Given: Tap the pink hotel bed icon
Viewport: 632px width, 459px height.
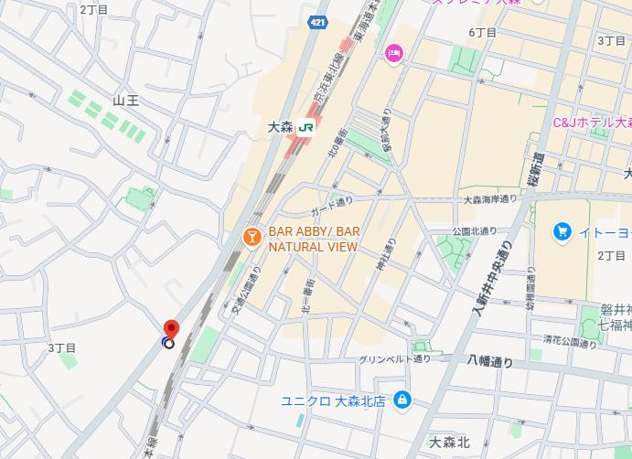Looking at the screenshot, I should tap(394, 54).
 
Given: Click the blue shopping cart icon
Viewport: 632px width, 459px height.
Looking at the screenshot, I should tap(562, 231).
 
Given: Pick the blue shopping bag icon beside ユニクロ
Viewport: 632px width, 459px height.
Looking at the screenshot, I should tap(402, 400).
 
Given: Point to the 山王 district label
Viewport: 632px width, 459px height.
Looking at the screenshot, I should tap(125, 100).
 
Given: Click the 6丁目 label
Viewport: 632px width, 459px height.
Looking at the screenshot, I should tap(483, 33).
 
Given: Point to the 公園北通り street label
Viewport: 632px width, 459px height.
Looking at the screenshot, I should tap(474, 230).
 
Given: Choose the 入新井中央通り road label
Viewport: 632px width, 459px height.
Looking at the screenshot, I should tap(492, 275).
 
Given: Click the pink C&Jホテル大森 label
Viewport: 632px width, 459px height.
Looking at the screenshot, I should tap(592, 122).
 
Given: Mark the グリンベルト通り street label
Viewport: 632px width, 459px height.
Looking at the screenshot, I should tap(394, 358).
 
